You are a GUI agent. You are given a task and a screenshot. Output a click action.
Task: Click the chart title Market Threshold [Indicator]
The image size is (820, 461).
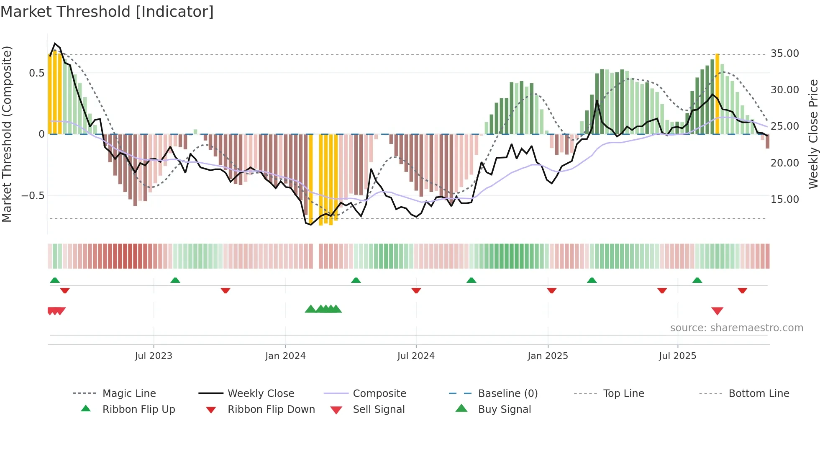click(107, 12)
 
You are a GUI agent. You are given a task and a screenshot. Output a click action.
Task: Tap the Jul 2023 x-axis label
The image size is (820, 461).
click(154, 356)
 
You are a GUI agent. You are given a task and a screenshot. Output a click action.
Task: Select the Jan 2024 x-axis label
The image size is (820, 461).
click(285, 356)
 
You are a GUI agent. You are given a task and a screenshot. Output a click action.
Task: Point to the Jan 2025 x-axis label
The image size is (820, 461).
click(548, 356)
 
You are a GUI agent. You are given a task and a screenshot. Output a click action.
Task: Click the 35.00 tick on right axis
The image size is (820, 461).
click(784, 54)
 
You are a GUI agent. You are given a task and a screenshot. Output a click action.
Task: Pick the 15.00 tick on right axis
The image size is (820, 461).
click(784, 200)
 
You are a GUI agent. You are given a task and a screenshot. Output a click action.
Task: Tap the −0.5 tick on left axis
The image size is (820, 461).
click(33, 196)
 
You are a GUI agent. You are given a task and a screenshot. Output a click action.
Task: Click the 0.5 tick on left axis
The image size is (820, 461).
click(36, 73)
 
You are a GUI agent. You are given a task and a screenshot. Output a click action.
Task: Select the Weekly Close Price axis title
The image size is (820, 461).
click(813, 134)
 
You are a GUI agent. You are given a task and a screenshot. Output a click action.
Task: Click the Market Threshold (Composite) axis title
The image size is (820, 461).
click(7, 134)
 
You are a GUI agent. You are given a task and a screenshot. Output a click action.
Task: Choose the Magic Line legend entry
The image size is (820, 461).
click(129, 394)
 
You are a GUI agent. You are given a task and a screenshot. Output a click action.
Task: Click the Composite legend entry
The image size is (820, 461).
click(379, 394)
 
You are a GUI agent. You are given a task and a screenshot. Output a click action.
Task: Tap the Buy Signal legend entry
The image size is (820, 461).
click(504, 410)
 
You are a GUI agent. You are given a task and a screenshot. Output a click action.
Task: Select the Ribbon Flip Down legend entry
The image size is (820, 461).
click(271, 410)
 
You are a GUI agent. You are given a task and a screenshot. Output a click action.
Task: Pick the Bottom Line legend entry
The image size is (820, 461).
click(758, 394)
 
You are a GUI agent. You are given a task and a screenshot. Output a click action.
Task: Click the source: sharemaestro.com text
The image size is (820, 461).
click(736, 328)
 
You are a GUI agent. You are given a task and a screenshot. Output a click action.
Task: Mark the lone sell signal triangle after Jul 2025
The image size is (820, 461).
click(717, 311)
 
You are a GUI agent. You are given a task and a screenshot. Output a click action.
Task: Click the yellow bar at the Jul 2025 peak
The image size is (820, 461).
click(717, 94)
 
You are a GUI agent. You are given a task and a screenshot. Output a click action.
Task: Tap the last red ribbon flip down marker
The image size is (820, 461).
click(742, 290)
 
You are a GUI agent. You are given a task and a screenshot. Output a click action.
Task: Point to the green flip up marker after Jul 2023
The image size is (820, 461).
click(175, 280)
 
